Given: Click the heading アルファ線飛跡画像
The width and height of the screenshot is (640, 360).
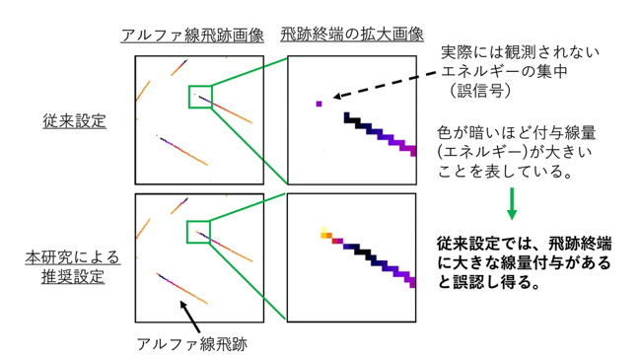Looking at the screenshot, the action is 192,36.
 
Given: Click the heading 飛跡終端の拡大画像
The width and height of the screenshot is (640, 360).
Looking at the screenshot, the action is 352,35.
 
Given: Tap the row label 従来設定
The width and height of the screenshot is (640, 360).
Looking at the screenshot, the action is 74,120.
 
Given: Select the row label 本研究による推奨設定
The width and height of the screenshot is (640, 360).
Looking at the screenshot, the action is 73,267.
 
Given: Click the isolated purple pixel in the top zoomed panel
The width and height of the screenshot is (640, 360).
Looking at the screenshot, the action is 319,105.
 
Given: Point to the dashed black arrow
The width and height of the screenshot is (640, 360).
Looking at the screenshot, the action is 385,85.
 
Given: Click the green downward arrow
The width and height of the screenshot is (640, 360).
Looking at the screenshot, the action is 512,204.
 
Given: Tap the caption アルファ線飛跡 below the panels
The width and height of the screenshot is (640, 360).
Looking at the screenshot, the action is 192,344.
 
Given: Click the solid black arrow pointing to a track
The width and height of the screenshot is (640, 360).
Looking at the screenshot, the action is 189,317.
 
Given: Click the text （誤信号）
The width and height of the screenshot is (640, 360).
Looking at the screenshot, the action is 480,91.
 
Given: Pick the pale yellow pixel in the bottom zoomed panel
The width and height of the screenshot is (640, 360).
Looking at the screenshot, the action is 323,230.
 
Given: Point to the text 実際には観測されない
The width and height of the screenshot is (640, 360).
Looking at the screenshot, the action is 520,52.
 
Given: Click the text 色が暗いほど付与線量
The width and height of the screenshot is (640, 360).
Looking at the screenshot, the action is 517,132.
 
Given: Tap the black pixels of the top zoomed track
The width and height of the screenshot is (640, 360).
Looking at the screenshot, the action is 352,120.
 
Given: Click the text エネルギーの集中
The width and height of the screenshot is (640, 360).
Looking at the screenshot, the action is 504,71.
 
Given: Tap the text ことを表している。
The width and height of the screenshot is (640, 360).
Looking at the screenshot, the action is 505,171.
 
